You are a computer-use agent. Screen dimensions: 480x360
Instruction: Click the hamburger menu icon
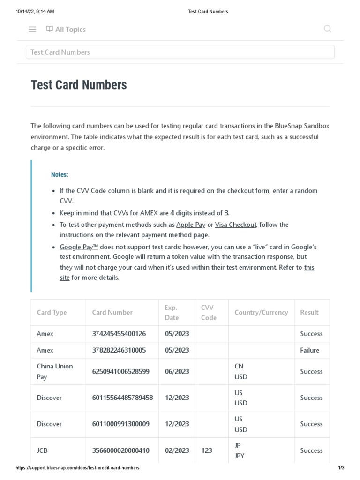pyautogui.click(x=32, y=29)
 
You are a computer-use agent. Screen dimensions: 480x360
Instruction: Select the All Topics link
pyautogui.click(x=66, y=30)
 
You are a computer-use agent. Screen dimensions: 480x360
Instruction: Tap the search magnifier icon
pyautogui.click(x=327, y=29)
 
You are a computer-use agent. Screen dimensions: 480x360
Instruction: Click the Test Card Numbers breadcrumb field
pyautogui.click(x=180, y=52)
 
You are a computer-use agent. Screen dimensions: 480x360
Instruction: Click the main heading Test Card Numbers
pyautogui.click(x=79, y=85)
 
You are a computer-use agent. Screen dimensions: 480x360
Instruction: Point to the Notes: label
pyautogui.click(x=60, y=174)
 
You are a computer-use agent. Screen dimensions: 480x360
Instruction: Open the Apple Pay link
pyautogui.click(x=191, y=225)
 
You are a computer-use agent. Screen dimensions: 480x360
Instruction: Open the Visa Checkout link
pyautogui.click(x=235, y=225)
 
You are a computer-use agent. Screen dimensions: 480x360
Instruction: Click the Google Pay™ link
pyautogui.click(x=79, y=247)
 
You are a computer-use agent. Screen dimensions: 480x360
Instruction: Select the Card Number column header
pyautogui.click(x=112, y=312)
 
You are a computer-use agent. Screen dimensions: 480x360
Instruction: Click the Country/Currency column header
pyautogui.click(x=261, y=312)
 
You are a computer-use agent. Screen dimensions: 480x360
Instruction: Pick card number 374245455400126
pyautogui.click(x=119, y=334)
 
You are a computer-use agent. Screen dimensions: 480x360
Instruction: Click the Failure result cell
pyautogui.click(x=309, y=350)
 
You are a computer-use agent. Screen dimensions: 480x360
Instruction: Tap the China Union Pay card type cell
pyautogui.click(x=55, y=371)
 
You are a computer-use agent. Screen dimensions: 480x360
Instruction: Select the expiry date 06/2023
pyautogui.click(x=177, y=371)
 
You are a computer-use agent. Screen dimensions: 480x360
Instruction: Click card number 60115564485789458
pyautogui.click(x=122, y=397)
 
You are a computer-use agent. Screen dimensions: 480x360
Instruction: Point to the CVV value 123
pyautogui.click(x=206, y=450)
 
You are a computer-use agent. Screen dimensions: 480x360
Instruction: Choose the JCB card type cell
pyautogui.click(x=42, y=450)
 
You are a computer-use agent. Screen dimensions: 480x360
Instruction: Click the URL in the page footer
pyautogui.click(x=77, y=468)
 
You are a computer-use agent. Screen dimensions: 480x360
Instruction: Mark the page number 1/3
pyautogui.click(x=341, y=468)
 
